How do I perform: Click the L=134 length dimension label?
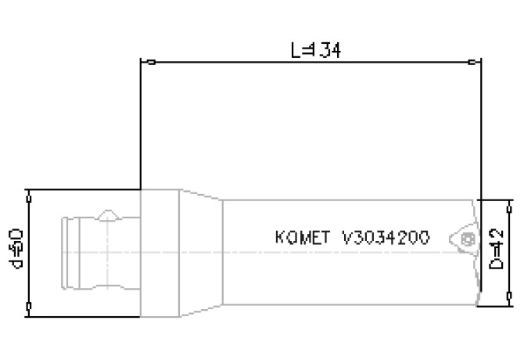pos(315,51)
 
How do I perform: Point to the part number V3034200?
pos(386,237)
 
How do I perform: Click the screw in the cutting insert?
pos(467,239)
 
